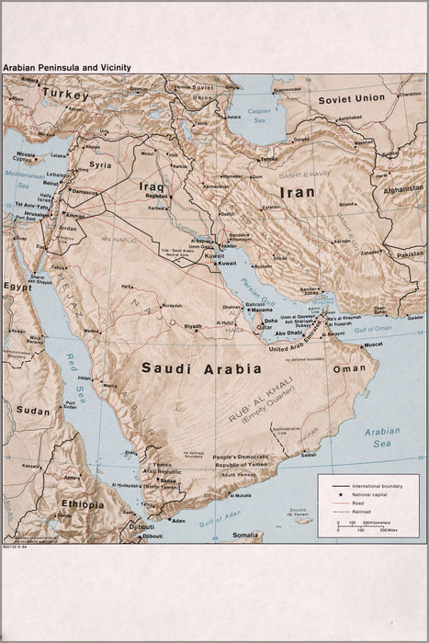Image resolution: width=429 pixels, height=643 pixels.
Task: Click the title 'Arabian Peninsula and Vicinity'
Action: [x=66, y=67]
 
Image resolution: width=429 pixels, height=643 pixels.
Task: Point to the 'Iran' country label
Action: [x=298, y=193]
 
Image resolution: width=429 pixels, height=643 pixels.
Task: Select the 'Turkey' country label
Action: [x=64, y=95]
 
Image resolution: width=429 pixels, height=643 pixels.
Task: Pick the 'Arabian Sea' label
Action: [x=381, y=436]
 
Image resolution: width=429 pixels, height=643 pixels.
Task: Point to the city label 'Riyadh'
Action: [x=193, y=326]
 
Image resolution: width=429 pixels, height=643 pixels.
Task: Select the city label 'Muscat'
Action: [x=373, y=344]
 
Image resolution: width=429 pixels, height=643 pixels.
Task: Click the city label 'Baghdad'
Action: [x=156, y=196]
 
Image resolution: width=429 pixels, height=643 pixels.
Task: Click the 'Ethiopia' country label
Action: [x=83, y=504]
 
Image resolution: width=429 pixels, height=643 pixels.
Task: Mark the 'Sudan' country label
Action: [x=33, y=411]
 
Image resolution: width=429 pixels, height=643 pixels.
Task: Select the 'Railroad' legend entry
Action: [x=367, y=511]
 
